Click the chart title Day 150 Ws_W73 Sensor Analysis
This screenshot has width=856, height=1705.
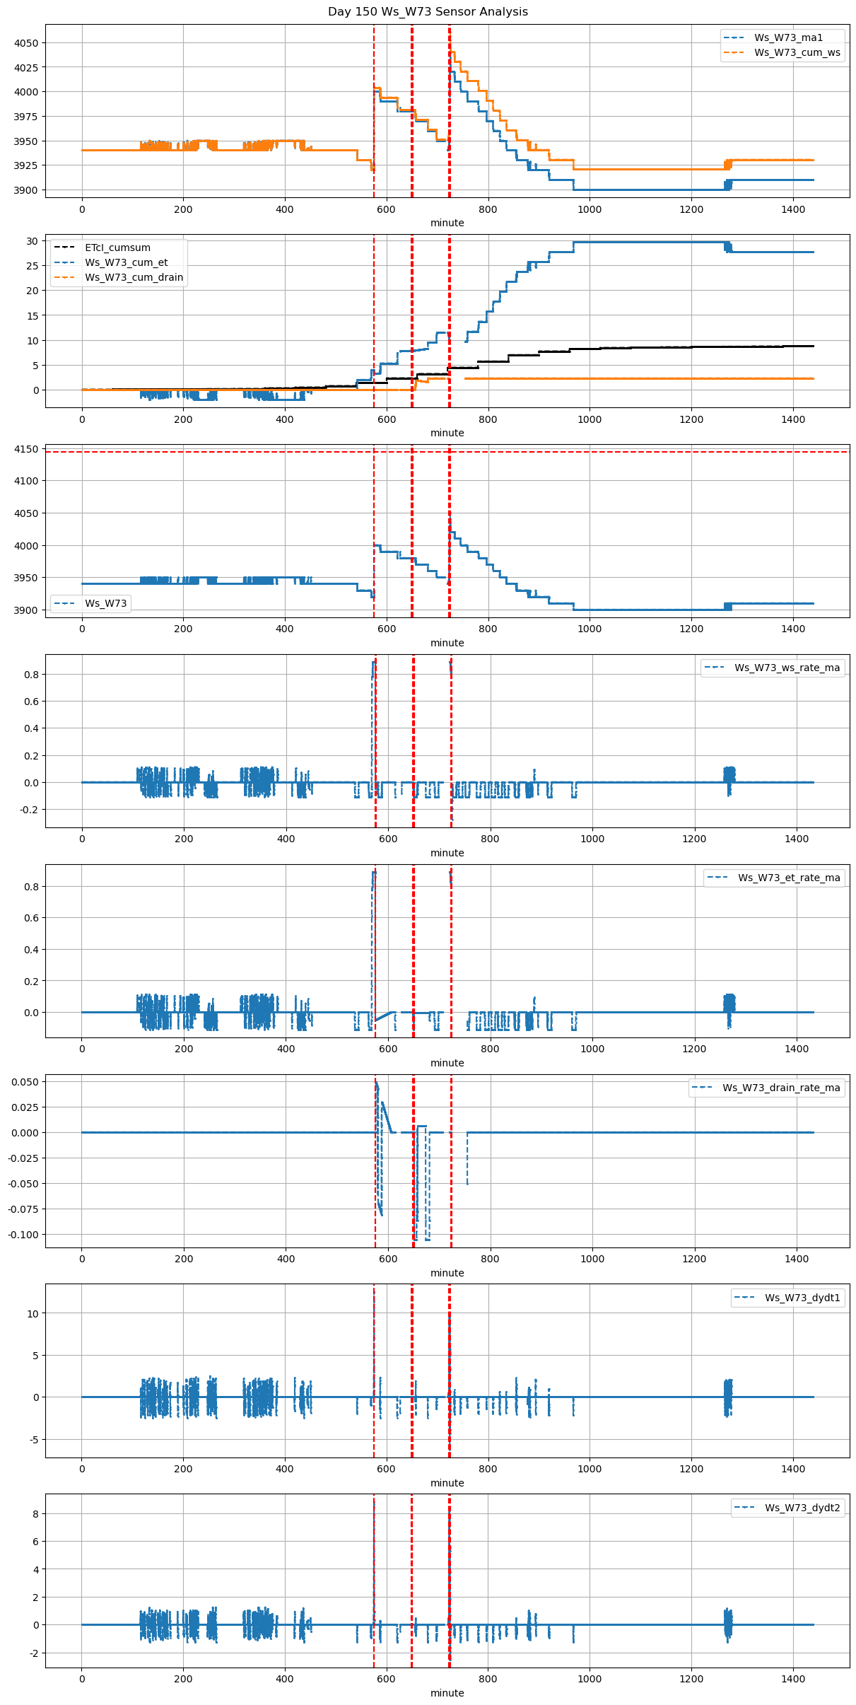428,12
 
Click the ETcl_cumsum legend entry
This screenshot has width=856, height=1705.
117,248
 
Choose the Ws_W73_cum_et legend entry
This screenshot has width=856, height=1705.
126,262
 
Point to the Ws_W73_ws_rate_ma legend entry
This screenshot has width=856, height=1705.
787,668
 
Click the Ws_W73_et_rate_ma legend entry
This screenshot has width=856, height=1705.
789,878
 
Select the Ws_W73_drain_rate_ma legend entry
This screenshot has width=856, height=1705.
781,1088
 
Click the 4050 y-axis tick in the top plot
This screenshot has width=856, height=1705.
26,43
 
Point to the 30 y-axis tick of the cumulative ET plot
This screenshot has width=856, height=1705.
33,241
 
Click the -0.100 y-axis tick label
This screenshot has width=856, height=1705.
23,1235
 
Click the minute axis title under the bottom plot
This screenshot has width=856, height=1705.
447,1693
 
